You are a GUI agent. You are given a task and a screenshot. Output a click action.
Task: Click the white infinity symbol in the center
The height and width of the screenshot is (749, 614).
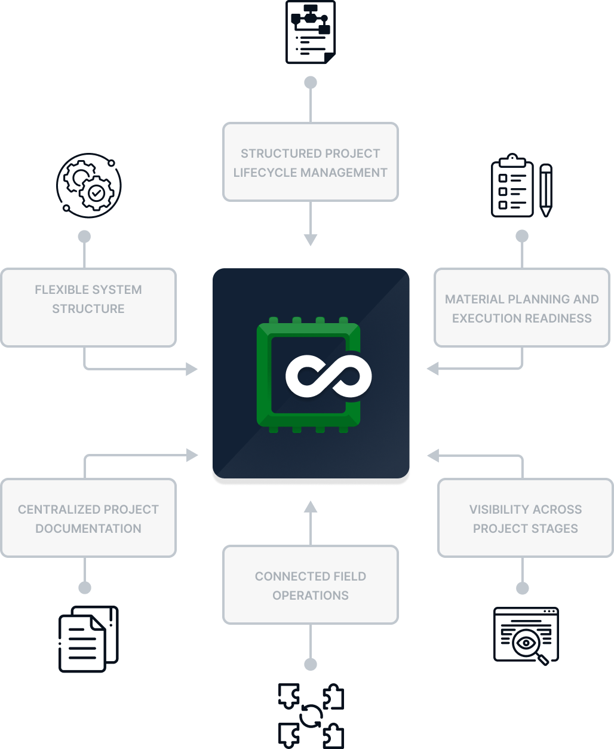pos(329,376)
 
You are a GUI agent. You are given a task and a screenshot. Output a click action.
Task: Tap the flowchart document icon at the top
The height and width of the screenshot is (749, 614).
pos(311,32)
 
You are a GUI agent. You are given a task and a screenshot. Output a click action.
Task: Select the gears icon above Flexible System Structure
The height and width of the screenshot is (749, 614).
pos(89,185)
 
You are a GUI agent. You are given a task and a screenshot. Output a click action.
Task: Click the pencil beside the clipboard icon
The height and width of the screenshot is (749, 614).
pos(546,191)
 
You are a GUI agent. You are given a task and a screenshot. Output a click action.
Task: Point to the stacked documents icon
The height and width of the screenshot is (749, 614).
pos(88,639)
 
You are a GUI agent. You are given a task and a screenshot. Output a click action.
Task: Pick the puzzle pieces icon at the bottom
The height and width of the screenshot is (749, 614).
pos(311,716)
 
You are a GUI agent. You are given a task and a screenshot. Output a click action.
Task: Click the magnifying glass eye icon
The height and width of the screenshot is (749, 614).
pos(526,636)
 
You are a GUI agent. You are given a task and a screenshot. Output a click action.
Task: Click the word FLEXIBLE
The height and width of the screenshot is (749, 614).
pos(56,290)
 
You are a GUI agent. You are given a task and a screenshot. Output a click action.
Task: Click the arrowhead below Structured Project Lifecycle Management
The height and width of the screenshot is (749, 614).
pos(311,240)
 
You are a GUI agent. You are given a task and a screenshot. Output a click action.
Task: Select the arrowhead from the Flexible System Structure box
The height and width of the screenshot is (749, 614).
pos(192,369)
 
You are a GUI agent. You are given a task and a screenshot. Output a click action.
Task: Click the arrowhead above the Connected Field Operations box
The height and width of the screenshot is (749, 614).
pos(311,507)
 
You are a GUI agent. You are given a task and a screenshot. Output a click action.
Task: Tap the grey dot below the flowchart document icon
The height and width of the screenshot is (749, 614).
pos(311,82)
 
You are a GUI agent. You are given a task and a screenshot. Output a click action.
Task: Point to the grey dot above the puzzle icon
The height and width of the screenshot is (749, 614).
pos(311,664)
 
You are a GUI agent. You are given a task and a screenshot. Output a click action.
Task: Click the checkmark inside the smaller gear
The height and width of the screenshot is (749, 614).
pos(96,194)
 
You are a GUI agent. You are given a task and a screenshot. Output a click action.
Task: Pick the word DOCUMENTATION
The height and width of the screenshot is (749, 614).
pos(88,529)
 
